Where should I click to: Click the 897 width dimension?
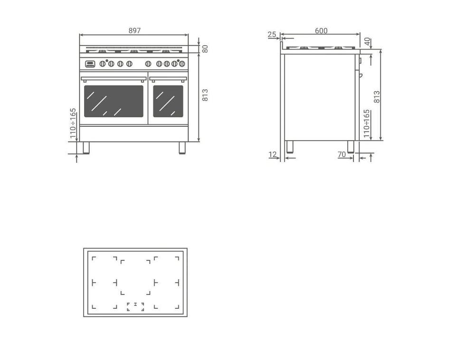point(134,30)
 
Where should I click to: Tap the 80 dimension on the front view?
point(205,49)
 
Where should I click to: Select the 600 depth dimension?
point(321,30)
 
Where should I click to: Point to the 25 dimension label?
point(272,34)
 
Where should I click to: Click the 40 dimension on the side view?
point(368,42)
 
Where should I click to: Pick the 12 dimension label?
point(273,154)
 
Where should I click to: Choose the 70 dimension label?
point(342,154)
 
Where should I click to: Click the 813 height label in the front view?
point(205,95)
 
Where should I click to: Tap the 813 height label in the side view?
point(377,97)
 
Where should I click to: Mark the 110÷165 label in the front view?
point(73,123)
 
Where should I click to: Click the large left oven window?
point(114,101)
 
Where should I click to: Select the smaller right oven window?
point(168,101)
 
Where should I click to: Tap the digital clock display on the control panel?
point(90,64)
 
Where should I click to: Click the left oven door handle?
point(114,79)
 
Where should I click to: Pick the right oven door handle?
point(168,79)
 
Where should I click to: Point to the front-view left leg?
point(86,148)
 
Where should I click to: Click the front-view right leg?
point(182,148)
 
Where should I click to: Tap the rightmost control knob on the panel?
point(182,64)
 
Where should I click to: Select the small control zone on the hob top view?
point(135,306)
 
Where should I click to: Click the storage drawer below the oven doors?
point(134,133)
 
